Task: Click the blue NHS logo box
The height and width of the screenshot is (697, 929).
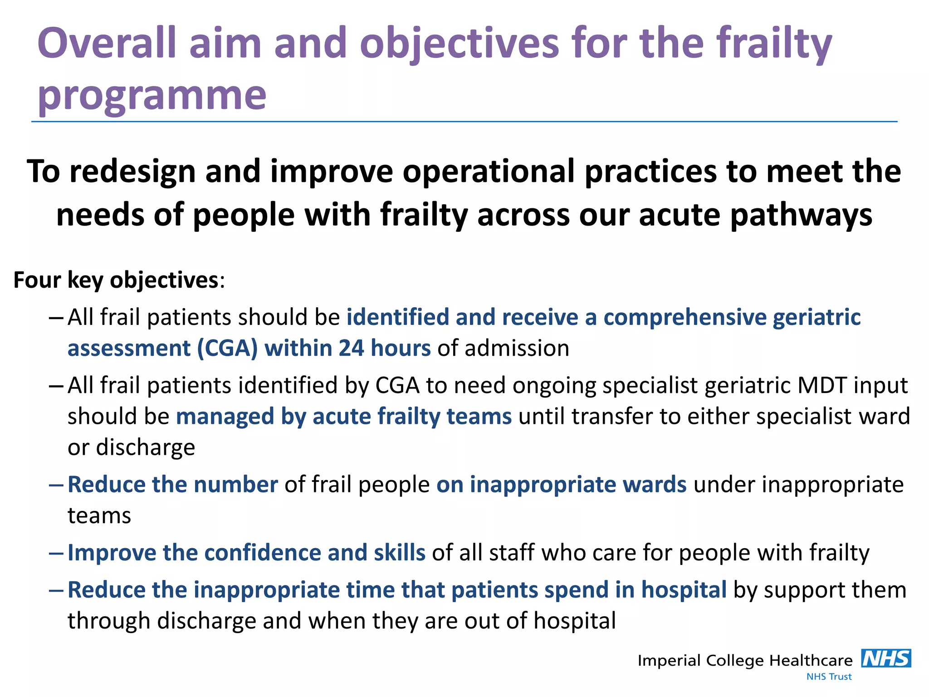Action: tap(886, 658)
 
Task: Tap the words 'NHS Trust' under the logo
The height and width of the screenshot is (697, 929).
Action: tap(829, 677)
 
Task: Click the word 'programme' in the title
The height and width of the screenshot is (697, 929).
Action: tap(152, 96)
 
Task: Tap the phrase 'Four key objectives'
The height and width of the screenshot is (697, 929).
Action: tap(116, 280)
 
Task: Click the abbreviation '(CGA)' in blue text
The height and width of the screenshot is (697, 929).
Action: tap(227, 348)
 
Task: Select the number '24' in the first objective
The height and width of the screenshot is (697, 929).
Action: tap(351, 348)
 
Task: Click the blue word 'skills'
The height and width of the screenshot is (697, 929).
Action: tap(399, 553)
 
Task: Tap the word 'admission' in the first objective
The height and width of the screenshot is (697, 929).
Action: tap(517, 348)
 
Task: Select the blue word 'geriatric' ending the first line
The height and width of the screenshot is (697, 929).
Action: tap(817, 317)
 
